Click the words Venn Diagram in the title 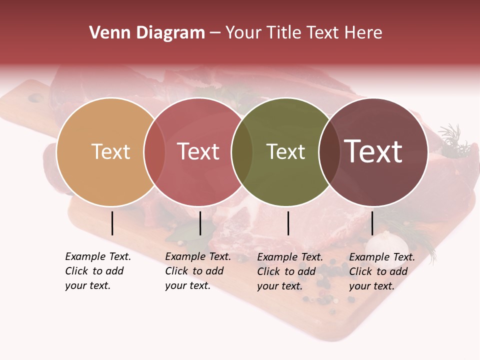tap(147, 33)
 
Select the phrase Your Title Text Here tap(303, 33)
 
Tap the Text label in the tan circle tap(110, 151)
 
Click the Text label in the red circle tap(198, 151)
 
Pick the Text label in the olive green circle tap(285, 151)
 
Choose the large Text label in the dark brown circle tap(373, 151)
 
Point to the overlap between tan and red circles tap(154, 152)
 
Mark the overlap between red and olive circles tap(242, 152)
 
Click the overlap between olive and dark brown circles tap(329, 152)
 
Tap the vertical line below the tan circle tap(112, 223)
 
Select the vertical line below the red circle tap(200, 223)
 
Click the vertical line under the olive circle tap(288, 223)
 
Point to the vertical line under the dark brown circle tap(372, 223)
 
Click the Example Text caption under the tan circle tap(98, 271)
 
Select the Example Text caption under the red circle tap(198, 271)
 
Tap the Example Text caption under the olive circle tap(290, 271)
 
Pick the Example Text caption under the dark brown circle tap(382, 271)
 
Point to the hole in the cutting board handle tap(35, 98)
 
